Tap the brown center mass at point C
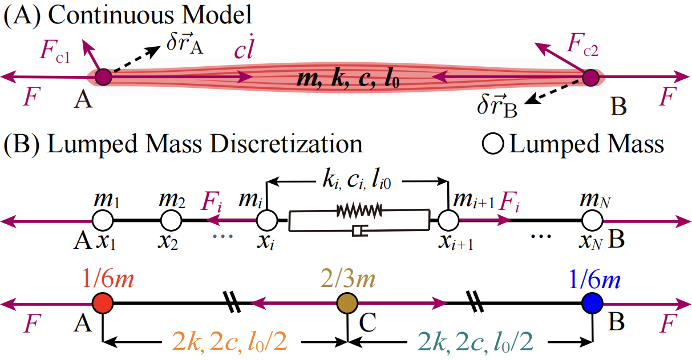(x=347, y=302)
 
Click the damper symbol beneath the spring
(x=358, y=230)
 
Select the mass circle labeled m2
(x=171, y=219)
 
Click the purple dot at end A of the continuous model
(x=103, y=76)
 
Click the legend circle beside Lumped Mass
(x=497, y=145)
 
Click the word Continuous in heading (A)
(x=108, y=15)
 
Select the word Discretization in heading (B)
(x=289, y=144)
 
